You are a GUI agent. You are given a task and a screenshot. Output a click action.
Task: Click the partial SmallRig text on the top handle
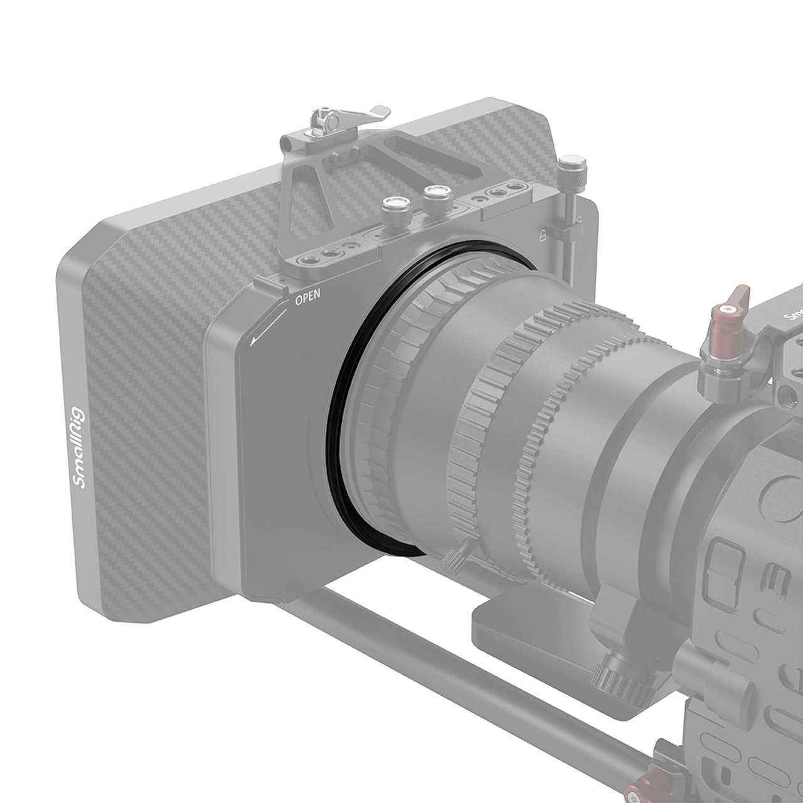(x=792, y=311)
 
